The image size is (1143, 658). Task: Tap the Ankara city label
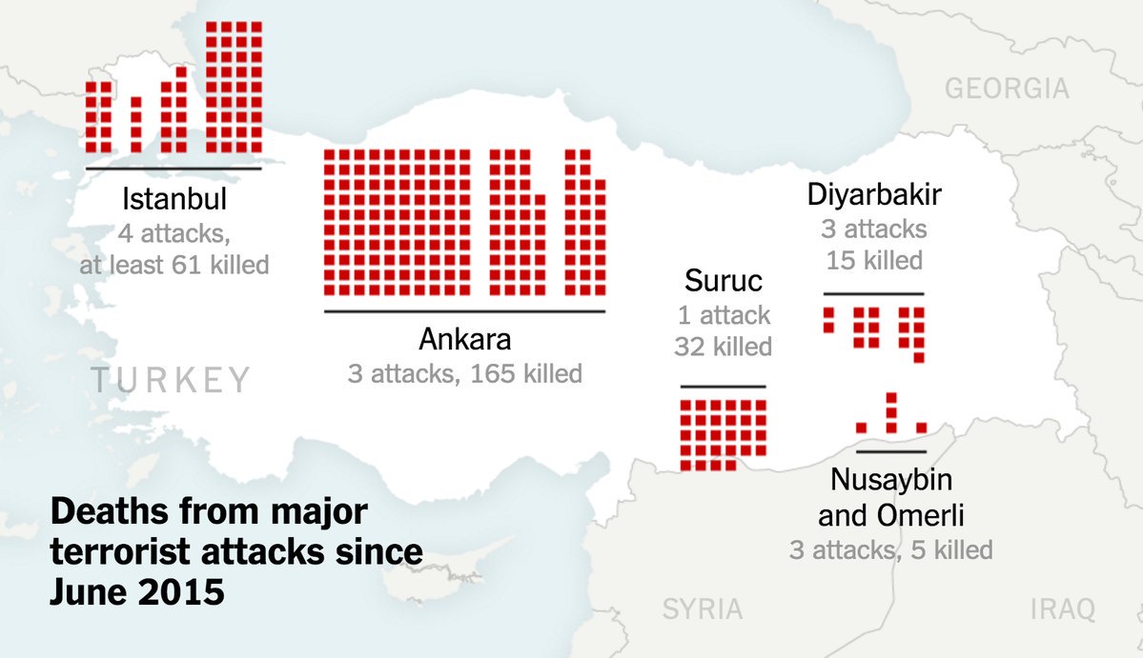465,340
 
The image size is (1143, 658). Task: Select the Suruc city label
724,282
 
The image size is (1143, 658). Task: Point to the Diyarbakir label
874,196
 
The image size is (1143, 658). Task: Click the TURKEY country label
171,380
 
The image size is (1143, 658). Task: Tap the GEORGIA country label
1007,90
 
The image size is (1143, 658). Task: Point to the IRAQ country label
1063,609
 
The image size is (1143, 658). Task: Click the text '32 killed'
724,346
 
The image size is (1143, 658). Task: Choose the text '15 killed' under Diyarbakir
874,260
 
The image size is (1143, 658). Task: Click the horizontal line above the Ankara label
464,311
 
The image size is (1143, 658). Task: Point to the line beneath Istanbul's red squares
173,169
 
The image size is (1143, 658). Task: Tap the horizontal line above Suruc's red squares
724,387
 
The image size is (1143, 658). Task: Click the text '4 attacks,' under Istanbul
174,232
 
